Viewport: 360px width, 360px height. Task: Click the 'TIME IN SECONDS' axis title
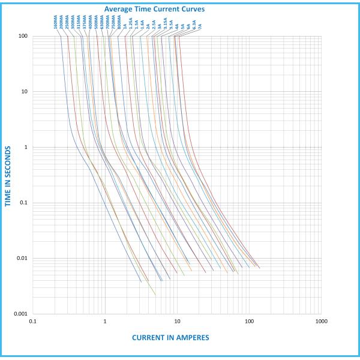click(8, 175)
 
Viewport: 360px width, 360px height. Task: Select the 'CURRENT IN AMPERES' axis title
click(170, 338)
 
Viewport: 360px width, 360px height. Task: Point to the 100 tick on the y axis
click(23, 37)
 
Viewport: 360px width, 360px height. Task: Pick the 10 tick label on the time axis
click(25, 92)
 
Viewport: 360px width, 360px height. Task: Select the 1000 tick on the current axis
click(320, 322)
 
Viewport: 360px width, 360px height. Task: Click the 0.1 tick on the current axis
click(33, 322)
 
